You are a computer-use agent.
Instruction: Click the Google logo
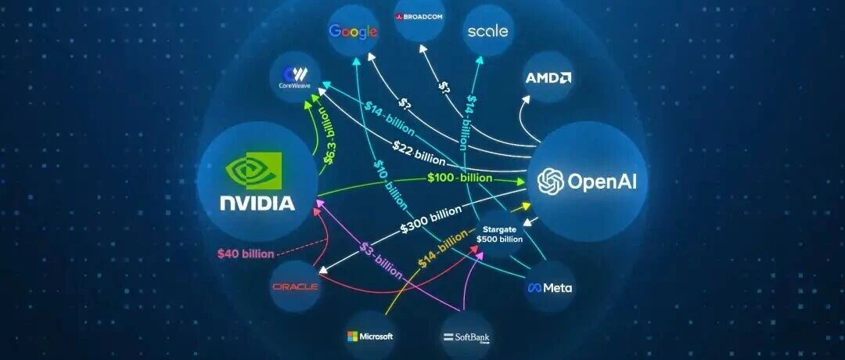click(x=353, y=32)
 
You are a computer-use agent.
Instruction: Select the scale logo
click(x=487, y=31)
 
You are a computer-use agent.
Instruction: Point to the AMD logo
click(x=548, y=77)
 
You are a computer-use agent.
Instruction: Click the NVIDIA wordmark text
click(x=257, y=203)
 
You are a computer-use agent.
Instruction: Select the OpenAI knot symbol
click(x=551, y=182)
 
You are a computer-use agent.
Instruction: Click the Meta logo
click(x=549, y=288)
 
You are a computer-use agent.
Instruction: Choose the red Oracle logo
click(x=295, y=287)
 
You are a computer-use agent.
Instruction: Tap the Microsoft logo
click(x=370, y=337)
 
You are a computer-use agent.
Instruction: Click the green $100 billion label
click(x=460, y=178)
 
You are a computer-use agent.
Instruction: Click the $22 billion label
click(x=419, y=152)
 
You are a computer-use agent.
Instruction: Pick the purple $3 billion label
click(x=381, y=261)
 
